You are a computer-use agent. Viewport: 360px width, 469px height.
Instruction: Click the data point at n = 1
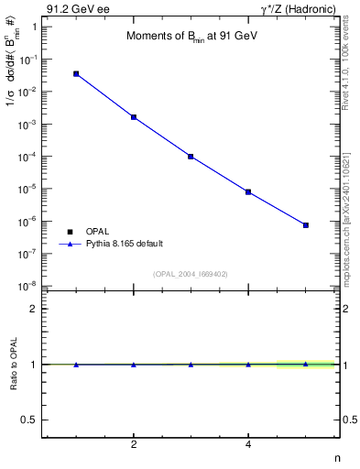pos(76,73)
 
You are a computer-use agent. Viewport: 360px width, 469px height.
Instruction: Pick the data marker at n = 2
pos(134,117)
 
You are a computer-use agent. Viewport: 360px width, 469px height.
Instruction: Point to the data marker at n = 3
pos(191,157)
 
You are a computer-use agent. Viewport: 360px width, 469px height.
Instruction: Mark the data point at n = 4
pos(248,192)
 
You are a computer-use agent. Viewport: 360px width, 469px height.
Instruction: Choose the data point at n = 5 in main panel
pos(306,225)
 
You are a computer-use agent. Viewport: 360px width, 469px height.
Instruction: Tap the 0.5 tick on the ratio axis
pos(29,420)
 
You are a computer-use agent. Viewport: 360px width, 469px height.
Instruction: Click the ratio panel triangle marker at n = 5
pos(306,364)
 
